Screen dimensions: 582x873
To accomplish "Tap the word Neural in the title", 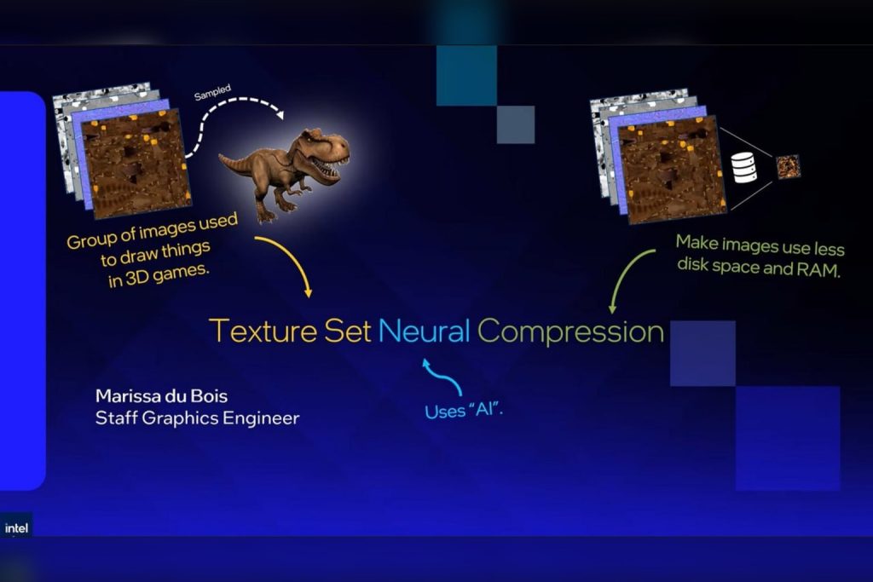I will [x=424, y=330].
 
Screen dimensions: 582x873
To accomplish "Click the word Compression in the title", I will [x=570, y=331].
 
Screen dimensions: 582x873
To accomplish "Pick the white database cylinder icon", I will [x=744, y=167].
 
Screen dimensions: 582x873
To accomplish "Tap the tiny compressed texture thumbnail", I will [x=788, y=166].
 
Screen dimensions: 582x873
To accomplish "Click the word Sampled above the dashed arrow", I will [x=212, y=91].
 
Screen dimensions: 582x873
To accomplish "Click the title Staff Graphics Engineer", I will [x=197, y=418].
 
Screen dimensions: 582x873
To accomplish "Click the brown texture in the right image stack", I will [x=672, y=170].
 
